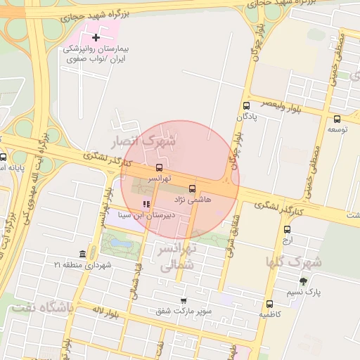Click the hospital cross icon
(x=96, y=36)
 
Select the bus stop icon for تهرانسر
(x=159, y=168)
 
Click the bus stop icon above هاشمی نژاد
(x=193, y=188)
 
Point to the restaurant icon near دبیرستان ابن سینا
(x=146, y=205)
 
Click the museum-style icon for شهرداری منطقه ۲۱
(x=83, y=253)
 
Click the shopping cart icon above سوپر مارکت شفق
(x=184, y=300)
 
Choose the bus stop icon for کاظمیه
(x=269, y=304)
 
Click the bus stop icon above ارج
(x=287, y=229)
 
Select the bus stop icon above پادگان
(x=245, y=105)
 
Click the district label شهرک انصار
(x=148, y=141)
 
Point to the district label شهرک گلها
(x=294, y=262)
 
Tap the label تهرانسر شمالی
(x=168, y=258)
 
